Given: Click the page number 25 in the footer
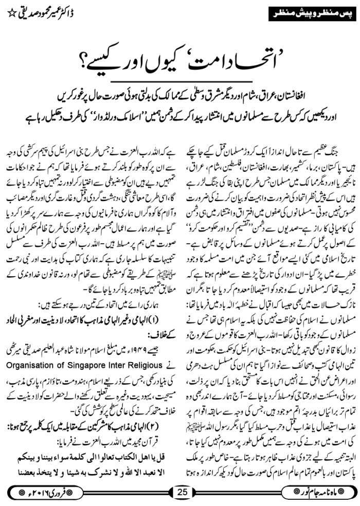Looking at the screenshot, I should coord(182,491).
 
